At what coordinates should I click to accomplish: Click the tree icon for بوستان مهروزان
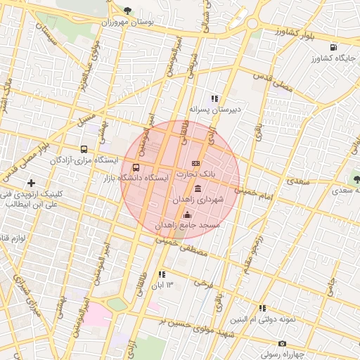click(127, 11)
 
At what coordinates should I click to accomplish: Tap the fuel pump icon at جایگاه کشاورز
click(331, 47)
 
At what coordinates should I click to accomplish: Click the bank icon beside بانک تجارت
click(195, 163)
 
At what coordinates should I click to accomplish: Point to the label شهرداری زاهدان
click(198, 200)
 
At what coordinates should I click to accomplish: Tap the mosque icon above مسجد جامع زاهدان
click(187, 215)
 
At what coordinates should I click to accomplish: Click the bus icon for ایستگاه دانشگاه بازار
click(136, 168)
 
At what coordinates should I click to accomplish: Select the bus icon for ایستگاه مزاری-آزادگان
click(84, 149)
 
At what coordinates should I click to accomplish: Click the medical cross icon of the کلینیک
click(31, 183)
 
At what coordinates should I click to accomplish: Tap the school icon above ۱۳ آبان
click(162, 274)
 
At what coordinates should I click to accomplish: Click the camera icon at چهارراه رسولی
click(282, 344)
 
